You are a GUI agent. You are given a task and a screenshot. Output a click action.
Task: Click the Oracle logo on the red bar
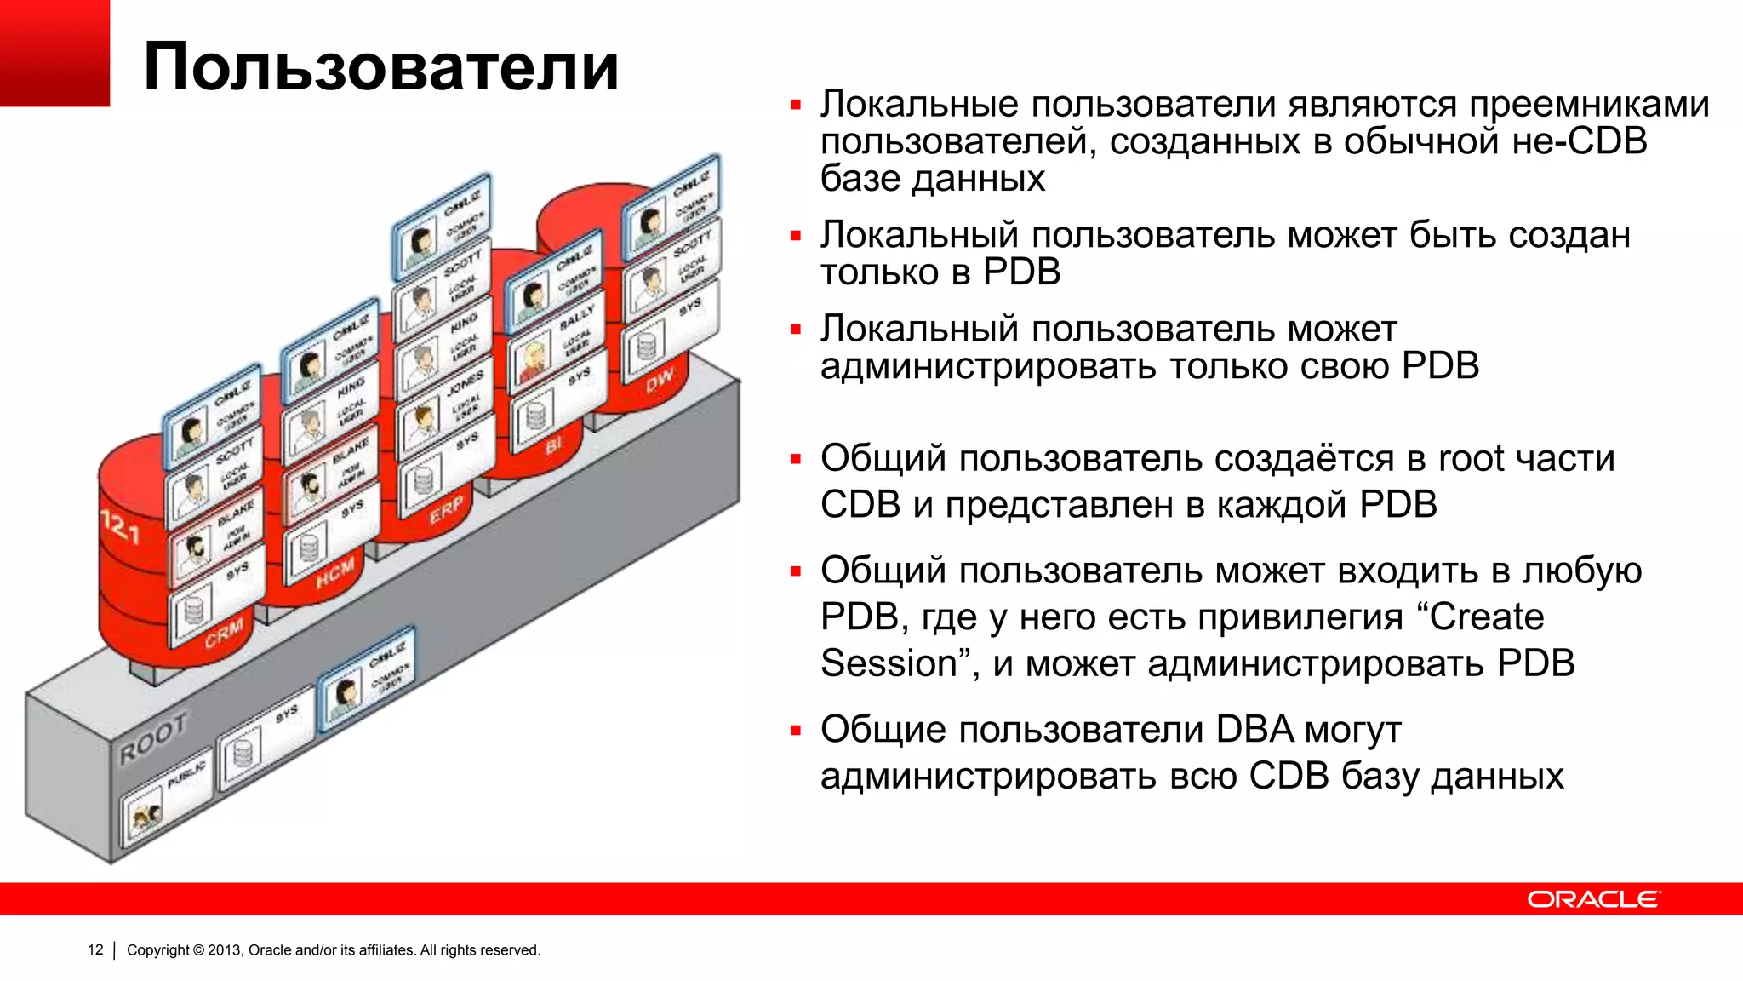coord(1592,899)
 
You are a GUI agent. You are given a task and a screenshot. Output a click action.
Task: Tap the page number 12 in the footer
coord(95,949)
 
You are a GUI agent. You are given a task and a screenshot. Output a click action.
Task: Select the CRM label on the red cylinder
coord(224,632)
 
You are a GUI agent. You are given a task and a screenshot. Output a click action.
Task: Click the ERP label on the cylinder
coord(446,509)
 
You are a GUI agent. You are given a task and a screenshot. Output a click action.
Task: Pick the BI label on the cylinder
coord(554,445)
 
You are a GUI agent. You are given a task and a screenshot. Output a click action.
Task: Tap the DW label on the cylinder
coord(660,380)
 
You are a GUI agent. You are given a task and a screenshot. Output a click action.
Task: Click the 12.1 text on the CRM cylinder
coord(120,527)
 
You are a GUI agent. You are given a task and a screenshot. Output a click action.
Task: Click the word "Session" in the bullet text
coord(889,663)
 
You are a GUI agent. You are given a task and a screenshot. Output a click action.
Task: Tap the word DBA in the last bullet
coord(1254,730)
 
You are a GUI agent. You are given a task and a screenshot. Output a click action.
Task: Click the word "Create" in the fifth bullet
coord(1486,617)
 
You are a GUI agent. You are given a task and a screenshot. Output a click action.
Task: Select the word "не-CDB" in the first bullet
coord(1580,141)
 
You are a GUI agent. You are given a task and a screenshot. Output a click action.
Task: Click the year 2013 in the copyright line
coord(224,949)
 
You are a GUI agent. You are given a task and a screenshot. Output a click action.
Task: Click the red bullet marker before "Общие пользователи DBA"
coord(796,731)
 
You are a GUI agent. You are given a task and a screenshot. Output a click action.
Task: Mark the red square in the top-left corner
coord(54,53)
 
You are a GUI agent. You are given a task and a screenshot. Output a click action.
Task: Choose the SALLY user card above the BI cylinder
coord(558,336)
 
